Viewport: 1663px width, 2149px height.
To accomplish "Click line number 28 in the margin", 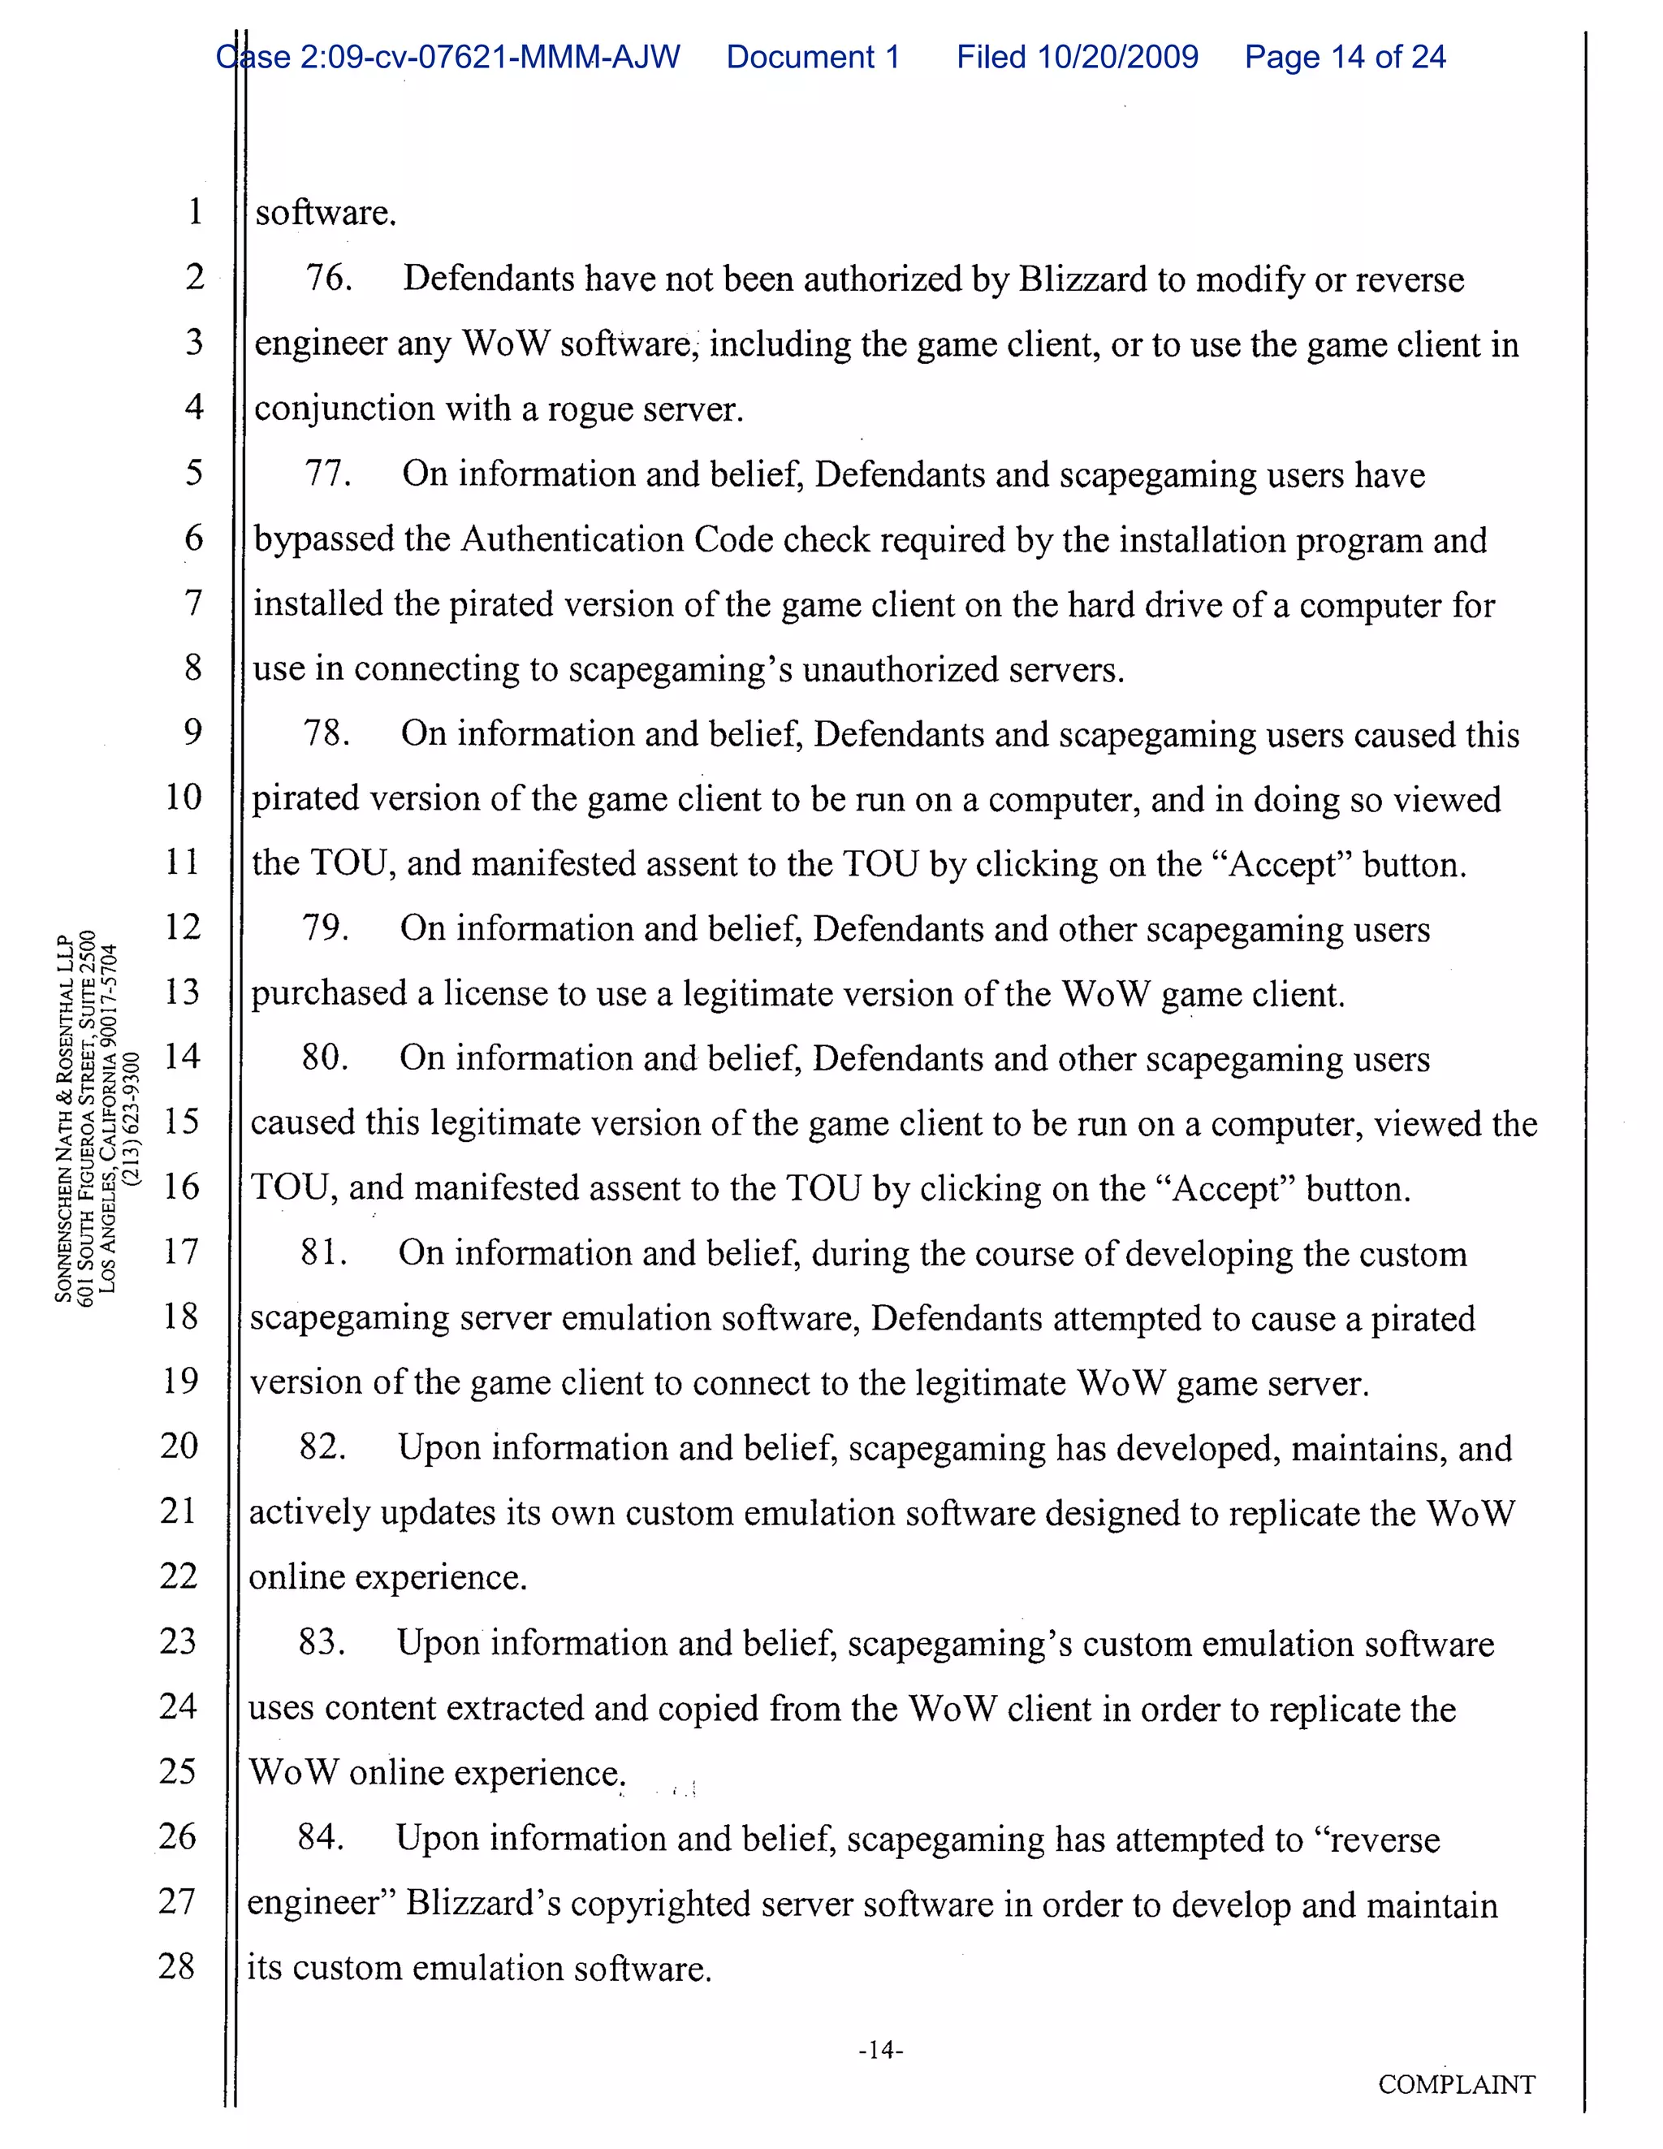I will pos(176,1966).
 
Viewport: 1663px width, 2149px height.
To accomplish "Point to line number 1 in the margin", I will pos(195,210).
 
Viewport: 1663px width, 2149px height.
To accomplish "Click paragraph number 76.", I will pos(329,279).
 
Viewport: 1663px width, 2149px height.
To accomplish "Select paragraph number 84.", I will pos(321,1837).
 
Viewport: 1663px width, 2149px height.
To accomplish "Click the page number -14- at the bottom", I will pos(881,2050).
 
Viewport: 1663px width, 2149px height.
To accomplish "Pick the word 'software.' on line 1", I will pos(326,213).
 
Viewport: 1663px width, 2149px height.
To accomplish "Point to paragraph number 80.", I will pos(325,1057).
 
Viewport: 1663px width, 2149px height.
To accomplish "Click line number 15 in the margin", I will pos(181,1121).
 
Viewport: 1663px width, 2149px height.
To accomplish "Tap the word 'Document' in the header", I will pos(799,57).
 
